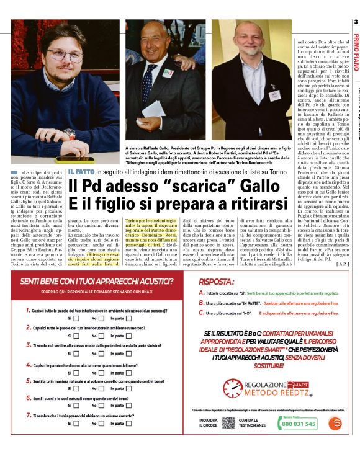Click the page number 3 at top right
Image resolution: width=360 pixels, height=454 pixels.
click(356, 22)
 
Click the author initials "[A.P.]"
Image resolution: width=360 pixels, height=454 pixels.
click(340, 264)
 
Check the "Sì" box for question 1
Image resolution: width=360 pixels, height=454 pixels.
click(77, 318)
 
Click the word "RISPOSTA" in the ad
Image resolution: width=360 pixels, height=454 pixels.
click(218, 281)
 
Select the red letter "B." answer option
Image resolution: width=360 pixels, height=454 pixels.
click(202, 303)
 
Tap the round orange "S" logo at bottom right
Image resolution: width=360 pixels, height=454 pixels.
click(336, 424)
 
